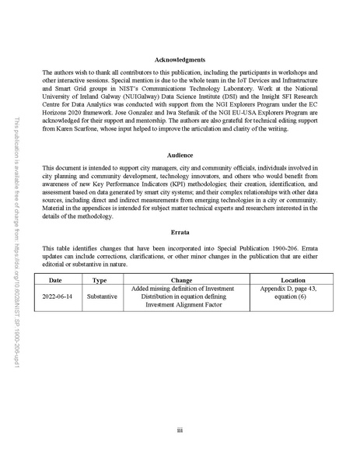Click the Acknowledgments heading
tap(180, 60)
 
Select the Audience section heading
tap(180, 156)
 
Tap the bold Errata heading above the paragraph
tap(180, 231)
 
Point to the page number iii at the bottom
tap(180, 429)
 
